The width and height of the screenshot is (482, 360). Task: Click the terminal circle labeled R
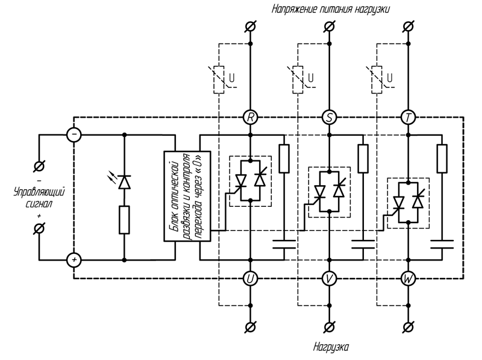[x=250, y=117]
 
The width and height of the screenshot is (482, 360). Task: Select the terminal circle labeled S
[x=329, y=117]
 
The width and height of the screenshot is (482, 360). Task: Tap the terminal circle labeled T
[x=408, y=117]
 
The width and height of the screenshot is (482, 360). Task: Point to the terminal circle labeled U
[x=250, y=278]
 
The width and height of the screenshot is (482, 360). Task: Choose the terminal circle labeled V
[x=329, y=278]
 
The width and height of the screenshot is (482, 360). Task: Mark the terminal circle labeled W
[x=408, y=278]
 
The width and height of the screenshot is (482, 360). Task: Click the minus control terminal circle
[x=74, y=135]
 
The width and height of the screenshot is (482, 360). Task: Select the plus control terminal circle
[x=74, y=260]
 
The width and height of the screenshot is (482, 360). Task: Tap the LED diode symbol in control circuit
[x=124, y=181]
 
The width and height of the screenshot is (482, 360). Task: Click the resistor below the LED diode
[x=124, y=219]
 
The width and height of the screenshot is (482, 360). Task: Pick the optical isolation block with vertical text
[x=187, y=197]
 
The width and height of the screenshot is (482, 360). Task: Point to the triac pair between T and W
[x=408, y=203]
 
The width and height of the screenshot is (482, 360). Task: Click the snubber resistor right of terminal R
[x=284, y=158]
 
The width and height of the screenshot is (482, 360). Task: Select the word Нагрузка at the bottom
[x=331, y=347]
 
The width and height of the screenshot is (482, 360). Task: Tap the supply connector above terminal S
[x=329, y=27]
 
